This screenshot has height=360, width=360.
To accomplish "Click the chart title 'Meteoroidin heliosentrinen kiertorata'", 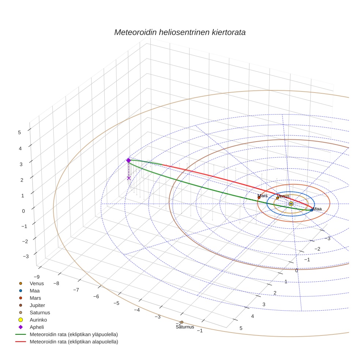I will coord(180,32).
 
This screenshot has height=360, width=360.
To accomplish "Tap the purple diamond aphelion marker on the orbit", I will coord(128,160).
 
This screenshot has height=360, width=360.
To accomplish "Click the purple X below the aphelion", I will coord(129,178).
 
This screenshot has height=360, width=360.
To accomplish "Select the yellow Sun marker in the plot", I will coord(291,204).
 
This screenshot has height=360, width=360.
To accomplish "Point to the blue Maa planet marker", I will coord(312,210).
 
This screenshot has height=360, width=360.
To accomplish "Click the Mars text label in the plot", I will coord(262,196).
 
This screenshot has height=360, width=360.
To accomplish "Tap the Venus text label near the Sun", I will coord(283,196).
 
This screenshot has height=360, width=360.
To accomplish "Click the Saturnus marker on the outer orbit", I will coord(182,322).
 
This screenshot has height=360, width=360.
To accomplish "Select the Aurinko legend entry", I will coord(38,320).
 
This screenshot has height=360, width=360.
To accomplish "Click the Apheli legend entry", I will coord(37,327).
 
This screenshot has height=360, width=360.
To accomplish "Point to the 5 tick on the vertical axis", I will coord(19,133).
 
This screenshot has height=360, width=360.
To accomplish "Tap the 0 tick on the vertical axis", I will coord(24,211).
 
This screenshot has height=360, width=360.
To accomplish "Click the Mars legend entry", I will coord(35,298).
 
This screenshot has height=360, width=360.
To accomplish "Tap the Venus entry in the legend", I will coord(37,283).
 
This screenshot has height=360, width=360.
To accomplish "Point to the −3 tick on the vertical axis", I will coord(26,256).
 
